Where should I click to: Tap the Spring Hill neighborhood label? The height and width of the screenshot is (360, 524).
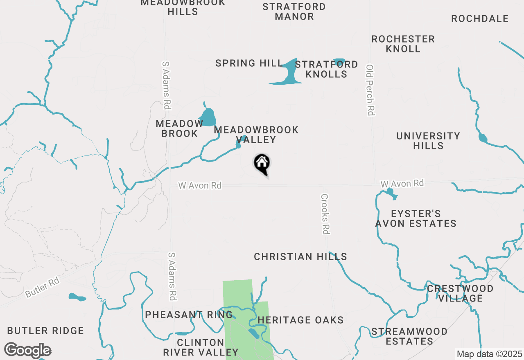coord(249,63)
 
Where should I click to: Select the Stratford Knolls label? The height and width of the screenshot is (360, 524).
coord(326,69)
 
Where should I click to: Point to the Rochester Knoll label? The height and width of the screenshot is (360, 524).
coord(403,44)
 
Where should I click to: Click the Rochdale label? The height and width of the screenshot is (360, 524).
coord(480,19)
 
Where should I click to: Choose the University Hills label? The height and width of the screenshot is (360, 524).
coord(428,141)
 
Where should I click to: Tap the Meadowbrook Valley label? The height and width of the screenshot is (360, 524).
coord(256,135)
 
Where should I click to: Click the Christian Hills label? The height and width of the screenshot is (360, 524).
coord(300,257)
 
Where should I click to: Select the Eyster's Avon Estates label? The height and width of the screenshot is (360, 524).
coord(416,218)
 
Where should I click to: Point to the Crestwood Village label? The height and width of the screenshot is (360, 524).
coord(460,293)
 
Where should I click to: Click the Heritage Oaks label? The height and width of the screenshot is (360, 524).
coord(300,320)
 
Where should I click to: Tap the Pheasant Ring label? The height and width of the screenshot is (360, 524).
coord(189,315)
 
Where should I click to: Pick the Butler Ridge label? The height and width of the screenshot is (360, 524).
coord(45,331)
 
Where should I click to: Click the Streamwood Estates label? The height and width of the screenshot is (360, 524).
coord(409,336)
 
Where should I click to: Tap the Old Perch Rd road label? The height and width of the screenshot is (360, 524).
coord(370,90)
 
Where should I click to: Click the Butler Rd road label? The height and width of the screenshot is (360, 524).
coord(43,288)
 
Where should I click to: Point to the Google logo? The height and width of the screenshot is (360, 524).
coord(27,351)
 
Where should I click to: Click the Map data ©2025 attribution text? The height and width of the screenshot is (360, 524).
coord(489,354)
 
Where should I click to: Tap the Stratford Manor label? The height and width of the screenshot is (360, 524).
coord(294,11)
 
